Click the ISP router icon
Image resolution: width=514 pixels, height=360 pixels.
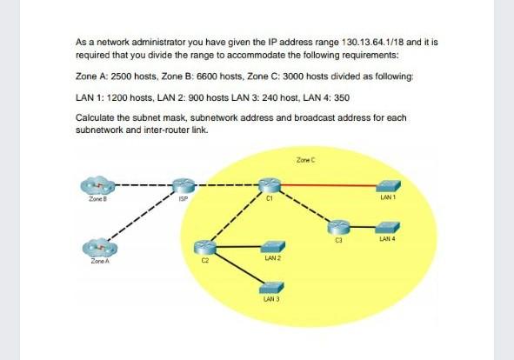click(180, 185)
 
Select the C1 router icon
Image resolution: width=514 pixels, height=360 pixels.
click(267, 185)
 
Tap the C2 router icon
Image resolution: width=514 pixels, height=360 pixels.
click(205, 249)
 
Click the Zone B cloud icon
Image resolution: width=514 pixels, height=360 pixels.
click(97, 186)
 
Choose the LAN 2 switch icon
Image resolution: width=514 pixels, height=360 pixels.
click(270, 248)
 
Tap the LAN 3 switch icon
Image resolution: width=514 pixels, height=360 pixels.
click(270, 287)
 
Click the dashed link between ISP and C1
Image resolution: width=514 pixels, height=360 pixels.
click(224, 185)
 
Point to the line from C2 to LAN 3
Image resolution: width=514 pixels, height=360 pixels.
click(237, 267)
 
